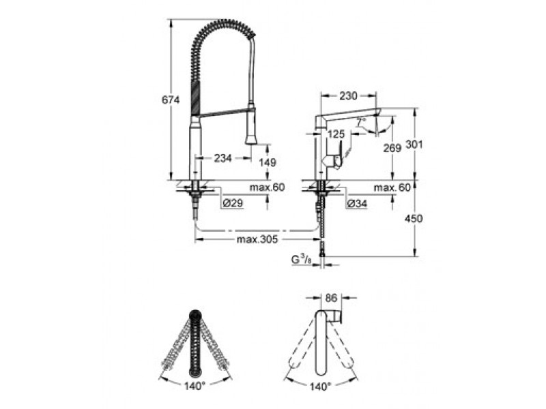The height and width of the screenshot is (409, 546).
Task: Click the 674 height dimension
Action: [x=171, y=100]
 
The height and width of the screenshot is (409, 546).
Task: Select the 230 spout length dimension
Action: [x=348, y=95]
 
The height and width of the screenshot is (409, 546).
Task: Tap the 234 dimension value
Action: [x=222, y=158]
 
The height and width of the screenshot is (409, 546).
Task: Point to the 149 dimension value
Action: [x=268, y=162]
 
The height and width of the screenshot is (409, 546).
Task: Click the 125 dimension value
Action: [x=336, y=134]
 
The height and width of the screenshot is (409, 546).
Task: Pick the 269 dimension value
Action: [x=392, y=148]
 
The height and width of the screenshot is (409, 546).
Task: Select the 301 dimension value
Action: [x=414, y=144]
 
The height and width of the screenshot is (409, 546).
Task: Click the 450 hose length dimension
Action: [x=414, y=218]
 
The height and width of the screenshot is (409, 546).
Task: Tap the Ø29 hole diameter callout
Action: [x=233, y=203]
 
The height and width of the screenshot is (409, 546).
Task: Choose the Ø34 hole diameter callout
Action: [x=357, y=204]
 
